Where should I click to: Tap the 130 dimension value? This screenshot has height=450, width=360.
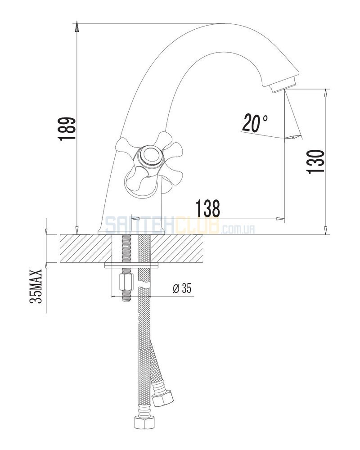coord(315,161)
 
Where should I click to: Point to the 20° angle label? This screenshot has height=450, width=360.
coord(255,122)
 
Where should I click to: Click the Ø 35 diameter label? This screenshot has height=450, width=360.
coord(182,288)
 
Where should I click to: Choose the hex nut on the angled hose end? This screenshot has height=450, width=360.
coord(162,397)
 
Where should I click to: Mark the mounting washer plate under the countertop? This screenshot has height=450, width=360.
coord(132,265)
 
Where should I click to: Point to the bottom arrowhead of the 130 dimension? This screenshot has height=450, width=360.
coord(325,230)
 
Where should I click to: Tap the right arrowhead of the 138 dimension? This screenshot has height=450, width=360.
coord(281,219)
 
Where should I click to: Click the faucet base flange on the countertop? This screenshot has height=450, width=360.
coord(132,232)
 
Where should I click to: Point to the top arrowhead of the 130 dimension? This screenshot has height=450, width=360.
coord(325,94)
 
